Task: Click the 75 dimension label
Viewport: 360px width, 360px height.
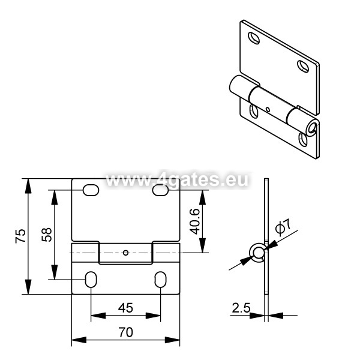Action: (x=20, y=236)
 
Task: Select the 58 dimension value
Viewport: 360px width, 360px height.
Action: (x=47, y=235)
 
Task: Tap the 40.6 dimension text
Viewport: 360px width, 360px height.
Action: (x=195, y=221)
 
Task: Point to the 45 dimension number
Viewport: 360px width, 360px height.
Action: (x=125, y=308)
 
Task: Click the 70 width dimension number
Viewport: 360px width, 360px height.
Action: (x=125, y=332)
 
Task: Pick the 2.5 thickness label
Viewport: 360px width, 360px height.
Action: (x=241, y=308)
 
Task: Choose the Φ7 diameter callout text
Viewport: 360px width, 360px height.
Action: (x=283, y=227)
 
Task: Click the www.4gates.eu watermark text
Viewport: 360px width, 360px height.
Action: (x=177, y=179)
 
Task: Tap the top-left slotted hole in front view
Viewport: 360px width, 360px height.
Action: (x=91, y=190)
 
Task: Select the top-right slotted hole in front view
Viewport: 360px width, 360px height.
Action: (x=161, y=190)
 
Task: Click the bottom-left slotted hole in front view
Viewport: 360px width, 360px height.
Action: (x=91, y=280)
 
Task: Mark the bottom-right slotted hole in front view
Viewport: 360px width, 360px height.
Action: (x=160, y=280)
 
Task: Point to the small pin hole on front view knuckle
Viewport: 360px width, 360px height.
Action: (x=125, y=253)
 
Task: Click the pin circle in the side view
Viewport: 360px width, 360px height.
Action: (x=259, y=253)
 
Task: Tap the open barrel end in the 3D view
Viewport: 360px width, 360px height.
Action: (x=312, y=127)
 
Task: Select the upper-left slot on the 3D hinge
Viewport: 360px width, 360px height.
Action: (x=254, y=38)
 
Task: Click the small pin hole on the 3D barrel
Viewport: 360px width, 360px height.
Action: (x=268, y=109)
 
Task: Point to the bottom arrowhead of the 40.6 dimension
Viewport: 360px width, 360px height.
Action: (x=203, y=245)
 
